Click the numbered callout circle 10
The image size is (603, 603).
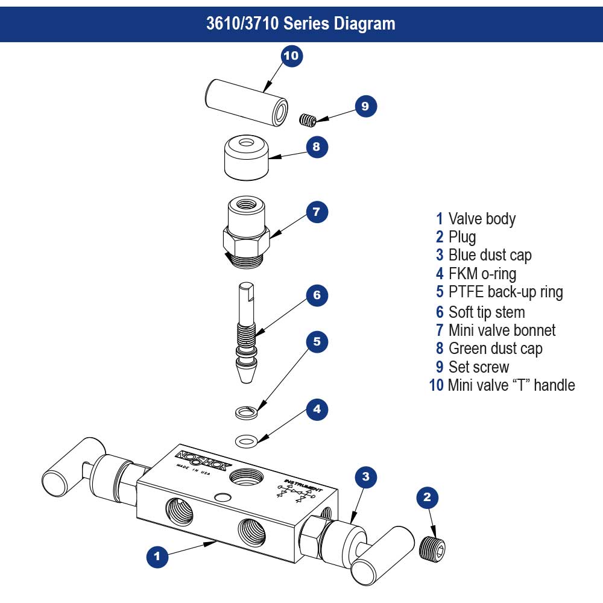(291, 56)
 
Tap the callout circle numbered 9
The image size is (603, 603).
(365, 106)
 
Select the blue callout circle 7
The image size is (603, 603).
(317, 212)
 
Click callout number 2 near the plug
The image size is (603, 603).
(428, 497)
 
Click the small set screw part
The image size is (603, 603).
(308, 119)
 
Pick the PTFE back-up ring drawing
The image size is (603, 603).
(245, 412)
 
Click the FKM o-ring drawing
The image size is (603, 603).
(246, 440)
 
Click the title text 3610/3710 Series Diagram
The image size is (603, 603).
(301, 23)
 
